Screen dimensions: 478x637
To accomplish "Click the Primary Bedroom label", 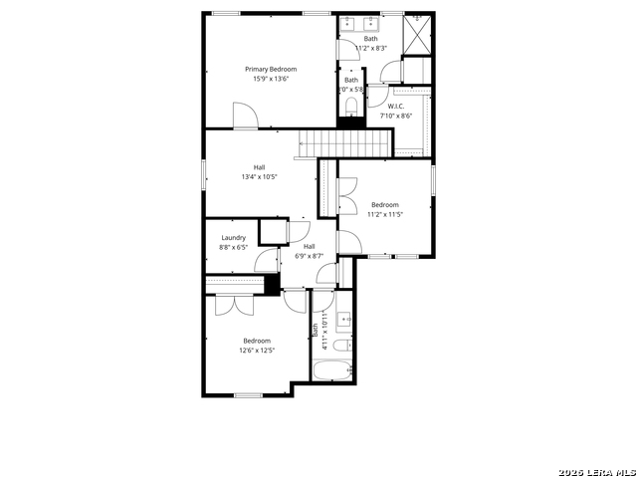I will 271,69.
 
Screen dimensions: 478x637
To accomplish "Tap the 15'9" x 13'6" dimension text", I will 271,81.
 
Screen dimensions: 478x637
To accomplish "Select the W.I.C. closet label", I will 395,106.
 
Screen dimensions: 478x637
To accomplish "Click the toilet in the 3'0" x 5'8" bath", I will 351,106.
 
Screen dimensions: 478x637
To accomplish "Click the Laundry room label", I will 233,237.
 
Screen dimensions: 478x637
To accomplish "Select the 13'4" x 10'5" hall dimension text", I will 259,177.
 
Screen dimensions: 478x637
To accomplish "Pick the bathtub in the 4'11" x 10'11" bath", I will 330,372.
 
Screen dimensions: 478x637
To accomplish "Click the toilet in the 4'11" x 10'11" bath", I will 340,347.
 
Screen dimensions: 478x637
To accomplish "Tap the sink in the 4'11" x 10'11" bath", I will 344,320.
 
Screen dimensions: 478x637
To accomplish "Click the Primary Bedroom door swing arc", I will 247,115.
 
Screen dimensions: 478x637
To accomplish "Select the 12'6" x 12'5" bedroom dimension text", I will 256,351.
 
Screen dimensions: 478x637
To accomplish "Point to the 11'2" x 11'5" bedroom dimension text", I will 384,214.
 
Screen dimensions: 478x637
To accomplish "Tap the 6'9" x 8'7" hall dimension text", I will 309,256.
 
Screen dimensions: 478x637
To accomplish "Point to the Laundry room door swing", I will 266,262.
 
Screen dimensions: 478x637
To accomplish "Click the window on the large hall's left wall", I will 205,172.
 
